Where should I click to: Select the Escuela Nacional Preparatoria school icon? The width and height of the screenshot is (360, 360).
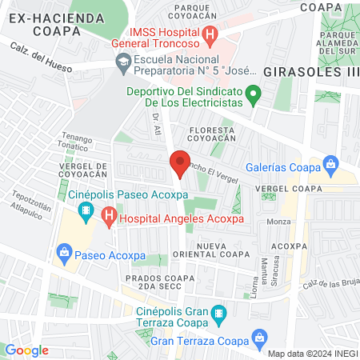click(x=123, y=61)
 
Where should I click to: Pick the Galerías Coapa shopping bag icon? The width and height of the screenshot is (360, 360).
click(x=330, y=166)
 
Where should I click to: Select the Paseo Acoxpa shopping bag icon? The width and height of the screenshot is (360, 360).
click(x=64, y=254)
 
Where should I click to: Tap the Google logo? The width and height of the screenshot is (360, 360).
click(x=26, y=350)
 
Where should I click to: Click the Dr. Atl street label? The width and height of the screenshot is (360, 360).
click(x=156, y=124)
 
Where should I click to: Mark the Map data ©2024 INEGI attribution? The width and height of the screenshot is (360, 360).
click(x=312, y=353)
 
